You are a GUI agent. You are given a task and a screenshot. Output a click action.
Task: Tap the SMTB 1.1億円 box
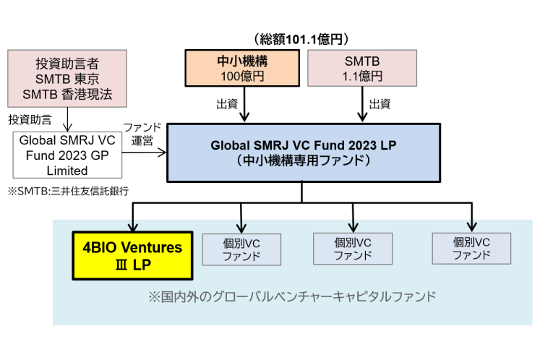(x=361, y=68)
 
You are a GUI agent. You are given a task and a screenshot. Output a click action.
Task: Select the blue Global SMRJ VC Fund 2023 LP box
(x=303, y=152)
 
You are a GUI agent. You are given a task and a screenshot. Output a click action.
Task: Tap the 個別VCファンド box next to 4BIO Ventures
(x=241, y=248)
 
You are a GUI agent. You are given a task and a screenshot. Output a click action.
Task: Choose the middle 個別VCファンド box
(x=353, y=248)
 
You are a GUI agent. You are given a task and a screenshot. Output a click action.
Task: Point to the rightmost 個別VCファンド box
(x=471, y=248)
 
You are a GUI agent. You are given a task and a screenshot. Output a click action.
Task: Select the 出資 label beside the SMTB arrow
(x=381, y=104)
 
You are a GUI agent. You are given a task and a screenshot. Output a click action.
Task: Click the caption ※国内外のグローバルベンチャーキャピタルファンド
(x=291, y=296)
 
